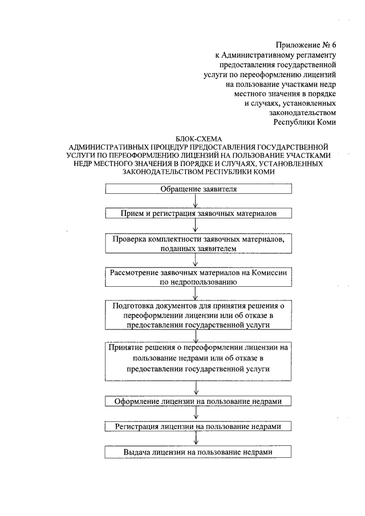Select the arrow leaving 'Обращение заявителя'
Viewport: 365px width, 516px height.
[x=196, y=201]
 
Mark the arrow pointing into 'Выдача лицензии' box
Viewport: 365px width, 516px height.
[x=196, y=439]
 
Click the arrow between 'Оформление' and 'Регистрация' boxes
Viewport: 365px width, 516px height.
[x=196, y=414]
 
